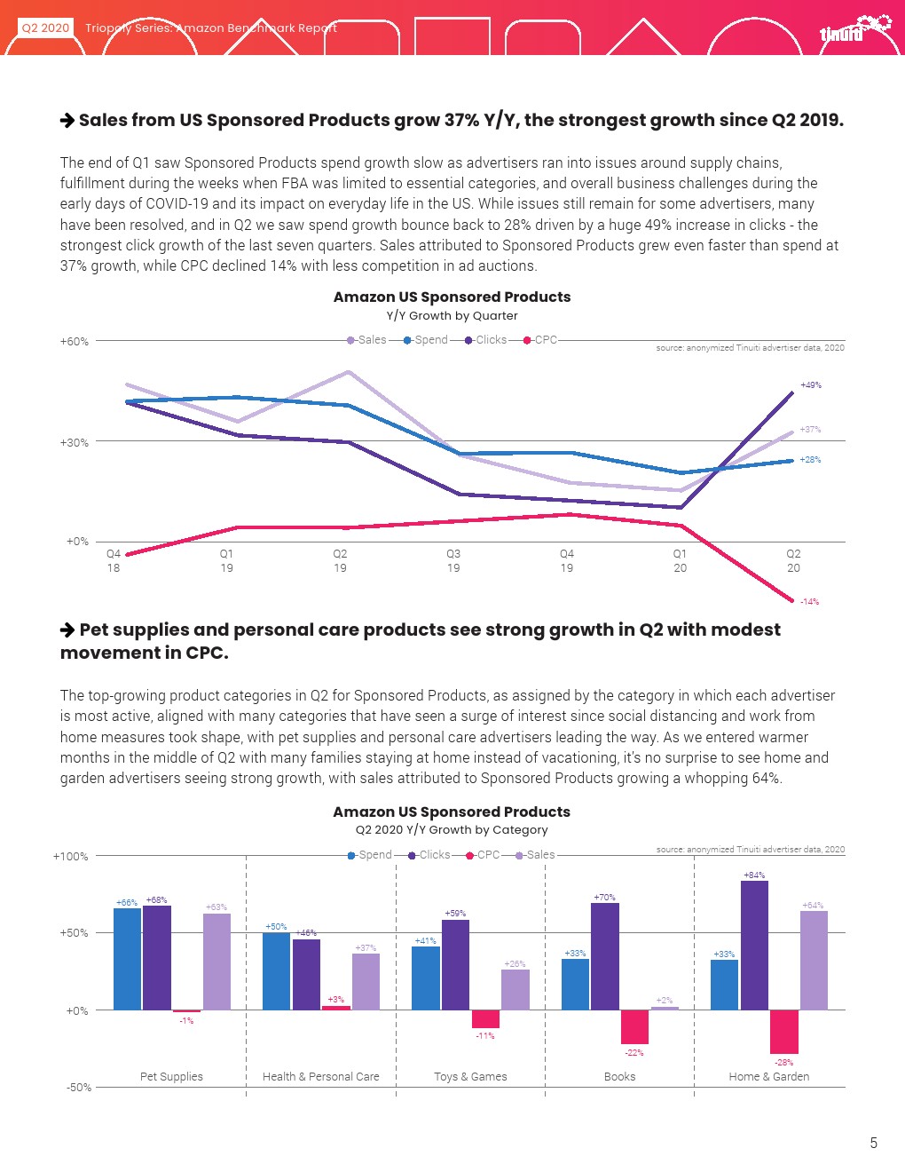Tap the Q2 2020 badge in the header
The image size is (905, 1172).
[45, 28]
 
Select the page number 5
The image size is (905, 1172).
[873, 1143]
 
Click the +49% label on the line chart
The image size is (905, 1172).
[811, 385]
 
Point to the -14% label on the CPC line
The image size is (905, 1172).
[809, 602]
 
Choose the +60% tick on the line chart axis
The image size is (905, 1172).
[75, 342]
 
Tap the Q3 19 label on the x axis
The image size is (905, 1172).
[453, 560]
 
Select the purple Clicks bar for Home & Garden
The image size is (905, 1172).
[754, 945]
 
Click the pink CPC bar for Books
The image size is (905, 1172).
[634, 1026]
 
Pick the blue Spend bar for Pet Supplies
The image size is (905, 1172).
[128, 959]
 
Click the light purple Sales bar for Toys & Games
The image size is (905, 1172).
[515, 989]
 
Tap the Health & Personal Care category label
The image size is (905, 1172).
[320, 1077]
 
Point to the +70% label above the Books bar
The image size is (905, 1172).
[604, 898]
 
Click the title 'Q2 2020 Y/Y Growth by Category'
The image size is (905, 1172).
[452, 830]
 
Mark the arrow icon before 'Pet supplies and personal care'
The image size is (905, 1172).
[67, 630]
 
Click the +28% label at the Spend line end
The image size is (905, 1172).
[810, 460]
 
